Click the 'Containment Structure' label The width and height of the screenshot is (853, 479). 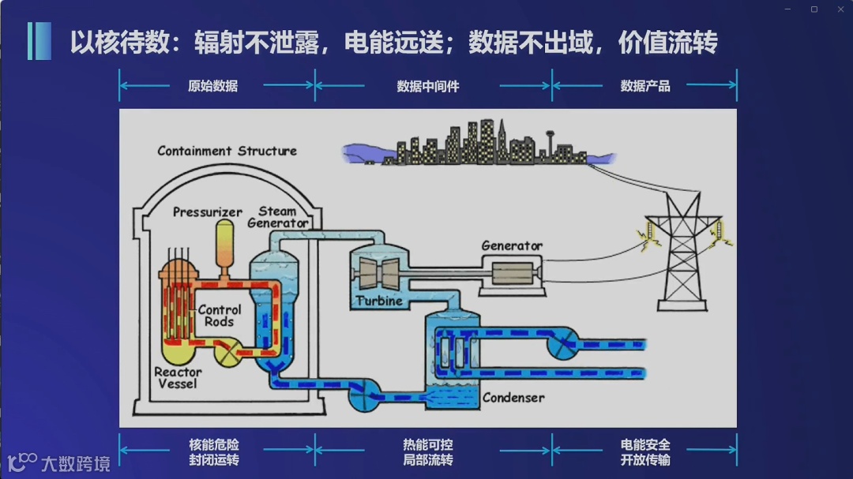click(x=227, y=151)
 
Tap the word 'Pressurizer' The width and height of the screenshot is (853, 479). click(x=207, y=212)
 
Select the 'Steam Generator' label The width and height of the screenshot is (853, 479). click(x=277, y=217)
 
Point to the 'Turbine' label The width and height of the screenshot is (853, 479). click(x=379, y=301)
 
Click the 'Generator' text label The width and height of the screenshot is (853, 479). click(x=512, y=246)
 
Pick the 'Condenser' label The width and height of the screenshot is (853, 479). click(x=513, y=398)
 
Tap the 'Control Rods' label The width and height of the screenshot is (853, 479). click(x=219, y=316)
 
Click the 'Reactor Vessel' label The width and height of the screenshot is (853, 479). click(x=178, y=377)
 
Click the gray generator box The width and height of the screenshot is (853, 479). click(x=513, y=274)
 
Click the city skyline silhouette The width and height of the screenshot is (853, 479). click(x=474, y=146)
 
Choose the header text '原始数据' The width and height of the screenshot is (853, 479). click(x=212, y=86)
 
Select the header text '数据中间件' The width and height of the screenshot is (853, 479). click(x=428, y=86)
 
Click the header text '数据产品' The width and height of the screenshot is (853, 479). click(x=645, y=86)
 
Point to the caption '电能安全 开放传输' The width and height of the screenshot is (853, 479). click(x=645, y=452)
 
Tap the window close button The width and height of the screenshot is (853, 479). click(x=840, y=9)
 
